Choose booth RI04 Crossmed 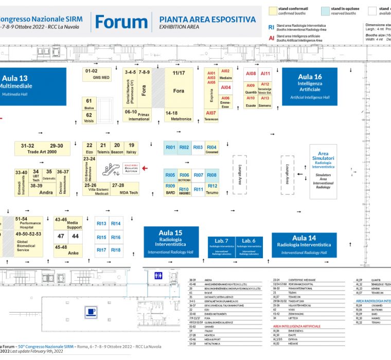212,148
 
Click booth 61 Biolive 89,104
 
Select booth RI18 116,250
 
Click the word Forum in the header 121,22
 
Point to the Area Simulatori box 323,170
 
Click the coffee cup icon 92,311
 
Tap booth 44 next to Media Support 75,236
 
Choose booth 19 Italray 132,148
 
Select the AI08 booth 251,74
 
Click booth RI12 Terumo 212,189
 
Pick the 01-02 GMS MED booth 98,74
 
